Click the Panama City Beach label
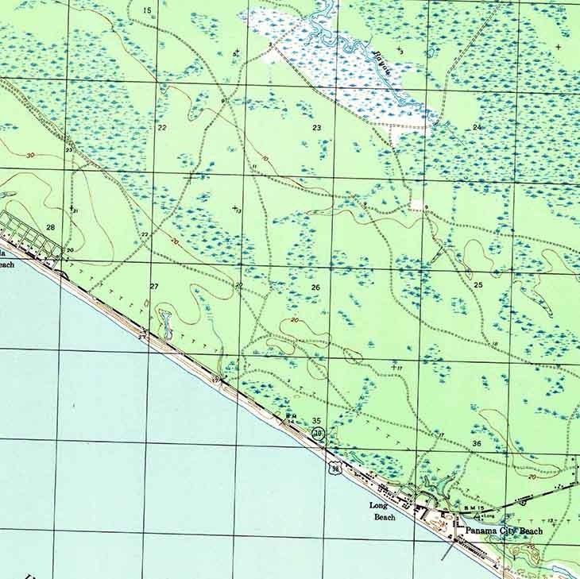click(504, 531)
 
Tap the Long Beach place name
click(382, 511)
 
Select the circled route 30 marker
click(319, 433)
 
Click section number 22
click(162, 127)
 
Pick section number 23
click(316, 127)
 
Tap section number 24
click(477, 127)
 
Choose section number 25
click(478, 284)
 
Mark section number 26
click(315, 287)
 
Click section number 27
click(154, 286)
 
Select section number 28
click(51, 227)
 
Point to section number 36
click(477, 443)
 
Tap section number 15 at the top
click(147, 10)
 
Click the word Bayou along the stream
click(382, 60)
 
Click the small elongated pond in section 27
click(164, 322)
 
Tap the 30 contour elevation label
click(30, 155)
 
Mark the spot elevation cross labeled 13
click(235, 208)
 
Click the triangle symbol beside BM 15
click(466, 514)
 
